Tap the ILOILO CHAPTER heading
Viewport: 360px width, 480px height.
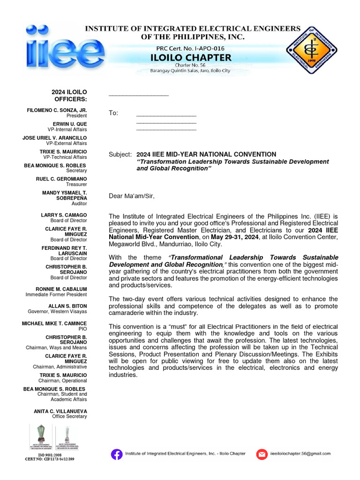click(x=190, y=58)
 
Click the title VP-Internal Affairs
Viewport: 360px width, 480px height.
click(x=67, y=129)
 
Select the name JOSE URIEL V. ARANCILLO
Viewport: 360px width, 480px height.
click(x=54, y=138)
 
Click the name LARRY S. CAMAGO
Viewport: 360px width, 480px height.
click(x=64, y=215)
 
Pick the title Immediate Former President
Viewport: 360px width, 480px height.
click(x=56, y=295)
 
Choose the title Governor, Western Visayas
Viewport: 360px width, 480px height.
click(x=57, y=312)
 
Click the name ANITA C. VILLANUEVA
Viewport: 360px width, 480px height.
click(x=61, y=411)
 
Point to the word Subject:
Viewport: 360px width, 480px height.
click(x=120, y=155)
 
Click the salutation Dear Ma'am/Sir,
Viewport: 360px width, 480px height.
click(x=131, y=196)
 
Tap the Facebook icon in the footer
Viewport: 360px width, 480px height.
click(x=116, y=454)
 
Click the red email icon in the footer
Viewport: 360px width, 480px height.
click(x=262, y=454)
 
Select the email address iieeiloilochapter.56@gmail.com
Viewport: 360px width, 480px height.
click(x=300, y=454)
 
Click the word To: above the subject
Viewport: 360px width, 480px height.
click(x=113, y=113)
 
